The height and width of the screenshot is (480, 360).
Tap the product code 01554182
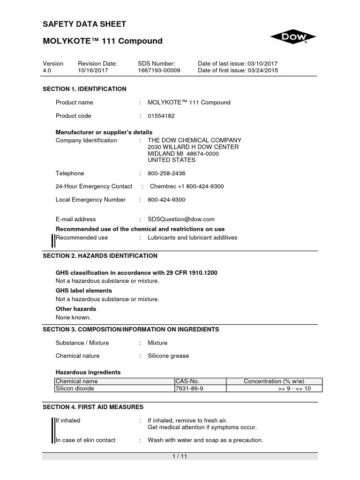(x=161, y=116)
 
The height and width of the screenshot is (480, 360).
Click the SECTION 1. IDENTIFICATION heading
(x=84, y=89)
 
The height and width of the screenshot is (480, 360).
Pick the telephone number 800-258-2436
(x=166, y=173)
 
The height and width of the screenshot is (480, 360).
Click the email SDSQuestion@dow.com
(x=181, y=219)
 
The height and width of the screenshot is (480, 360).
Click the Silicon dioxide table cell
(x=75, y=389)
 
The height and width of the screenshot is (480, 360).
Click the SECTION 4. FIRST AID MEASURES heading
(x=93, y=407)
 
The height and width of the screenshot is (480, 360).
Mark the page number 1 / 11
(x=180, y=457)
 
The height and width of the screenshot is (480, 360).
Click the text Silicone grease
(x=168, y=356)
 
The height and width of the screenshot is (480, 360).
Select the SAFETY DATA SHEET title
(x=84, y=24)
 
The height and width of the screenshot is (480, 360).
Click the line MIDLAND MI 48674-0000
(x=185, y=154)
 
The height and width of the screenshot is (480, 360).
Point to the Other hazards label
(x=76, y=309)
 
